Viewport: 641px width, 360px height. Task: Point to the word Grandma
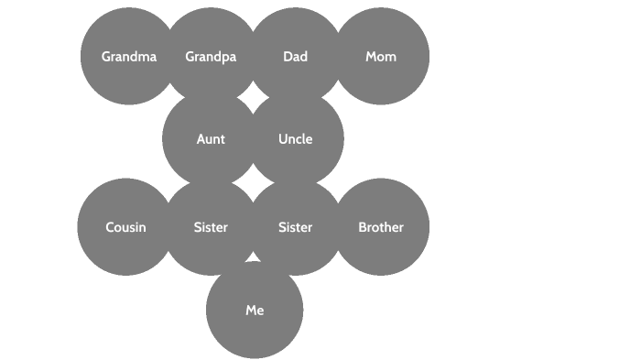128,57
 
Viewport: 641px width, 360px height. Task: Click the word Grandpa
211,57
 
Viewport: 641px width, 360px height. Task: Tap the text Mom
381,57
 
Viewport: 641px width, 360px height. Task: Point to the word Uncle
295,139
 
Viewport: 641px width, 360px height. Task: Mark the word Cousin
125,227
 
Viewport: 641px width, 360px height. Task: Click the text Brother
381,227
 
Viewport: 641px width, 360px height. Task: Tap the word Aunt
211,139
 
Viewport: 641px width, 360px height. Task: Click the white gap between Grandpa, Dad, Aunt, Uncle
253,97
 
